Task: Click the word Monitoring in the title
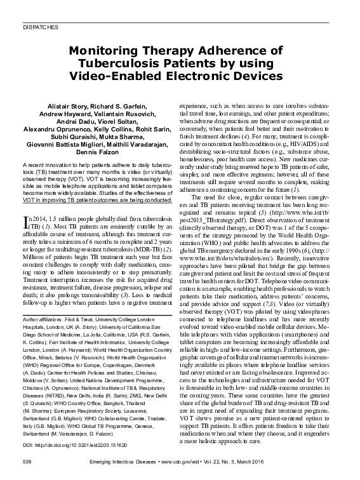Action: (x=100, y=51)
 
